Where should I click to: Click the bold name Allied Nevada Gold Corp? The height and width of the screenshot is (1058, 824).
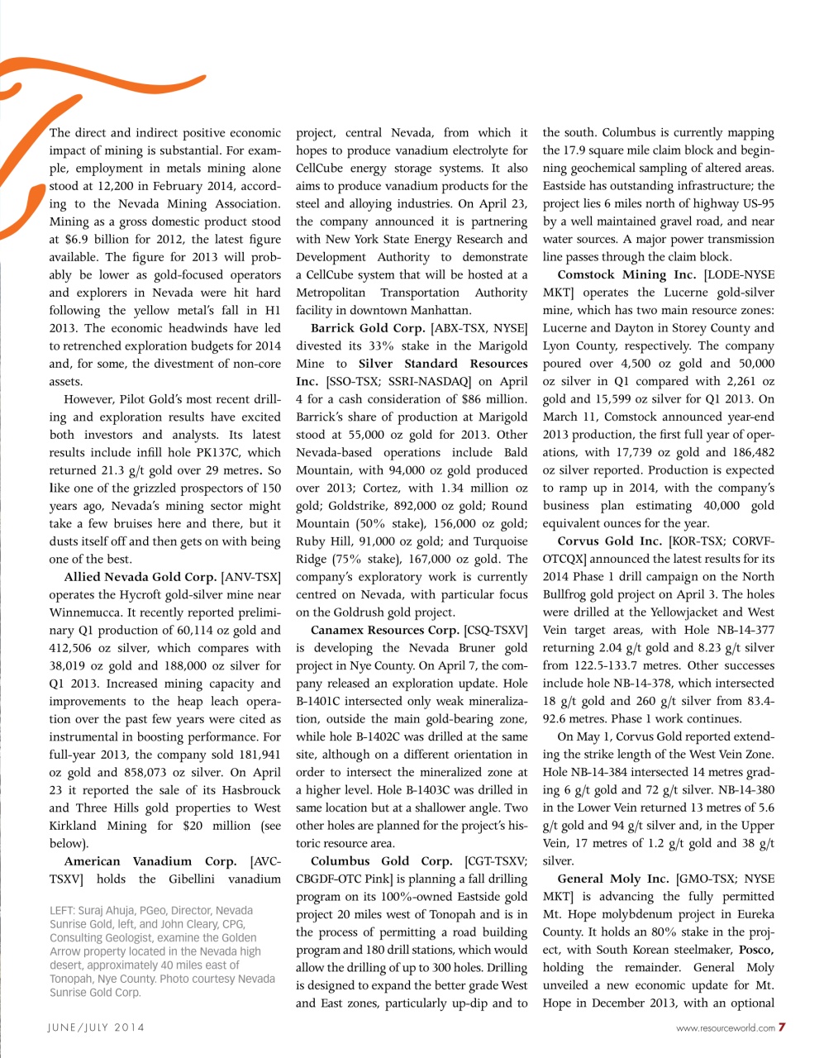click(x=141, y=577)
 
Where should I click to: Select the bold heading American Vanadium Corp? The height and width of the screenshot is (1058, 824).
click(x=150, y=861)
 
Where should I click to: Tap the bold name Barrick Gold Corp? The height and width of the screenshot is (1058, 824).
click(x=368, y=328)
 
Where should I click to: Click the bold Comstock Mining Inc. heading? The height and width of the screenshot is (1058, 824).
click(x=626, y=274)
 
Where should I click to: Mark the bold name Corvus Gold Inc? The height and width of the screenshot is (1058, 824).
click(x=609, y=541)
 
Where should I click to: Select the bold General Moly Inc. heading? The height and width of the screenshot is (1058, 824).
click(x=612, y=879)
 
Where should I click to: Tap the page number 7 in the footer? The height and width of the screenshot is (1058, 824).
click(x=782, y=1027)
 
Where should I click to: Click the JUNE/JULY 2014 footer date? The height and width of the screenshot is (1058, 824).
click(x=95, y=1027)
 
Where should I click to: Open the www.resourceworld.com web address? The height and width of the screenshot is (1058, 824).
click(x=725, y=1028)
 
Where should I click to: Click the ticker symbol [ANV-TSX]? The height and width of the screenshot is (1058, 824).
click(x=251, y=577)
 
